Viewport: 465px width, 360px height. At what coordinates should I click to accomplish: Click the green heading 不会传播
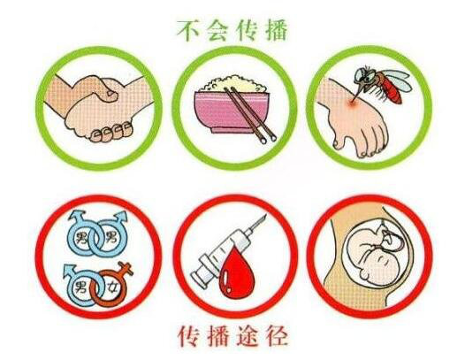tap(232, 30)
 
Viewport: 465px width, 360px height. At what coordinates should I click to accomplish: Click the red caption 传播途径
tap(232, 336)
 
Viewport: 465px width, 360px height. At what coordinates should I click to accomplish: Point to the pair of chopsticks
tap(250, 114)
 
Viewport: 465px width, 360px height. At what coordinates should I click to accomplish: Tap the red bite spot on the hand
tap(352, 103)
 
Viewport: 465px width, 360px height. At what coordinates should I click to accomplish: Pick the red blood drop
tap(238, 273)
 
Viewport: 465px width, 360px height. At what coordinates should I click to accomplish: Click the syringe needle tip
tap(265, 216)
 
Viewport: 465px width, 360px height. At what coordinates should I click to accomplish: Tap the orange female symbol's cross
tap(126, 268)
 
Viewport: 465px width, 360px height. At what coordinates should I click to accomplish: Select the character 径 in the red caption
tap(278, 336)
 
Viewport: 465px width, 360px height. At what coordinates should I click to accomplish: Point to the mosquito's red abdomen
tap(393, 89)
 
